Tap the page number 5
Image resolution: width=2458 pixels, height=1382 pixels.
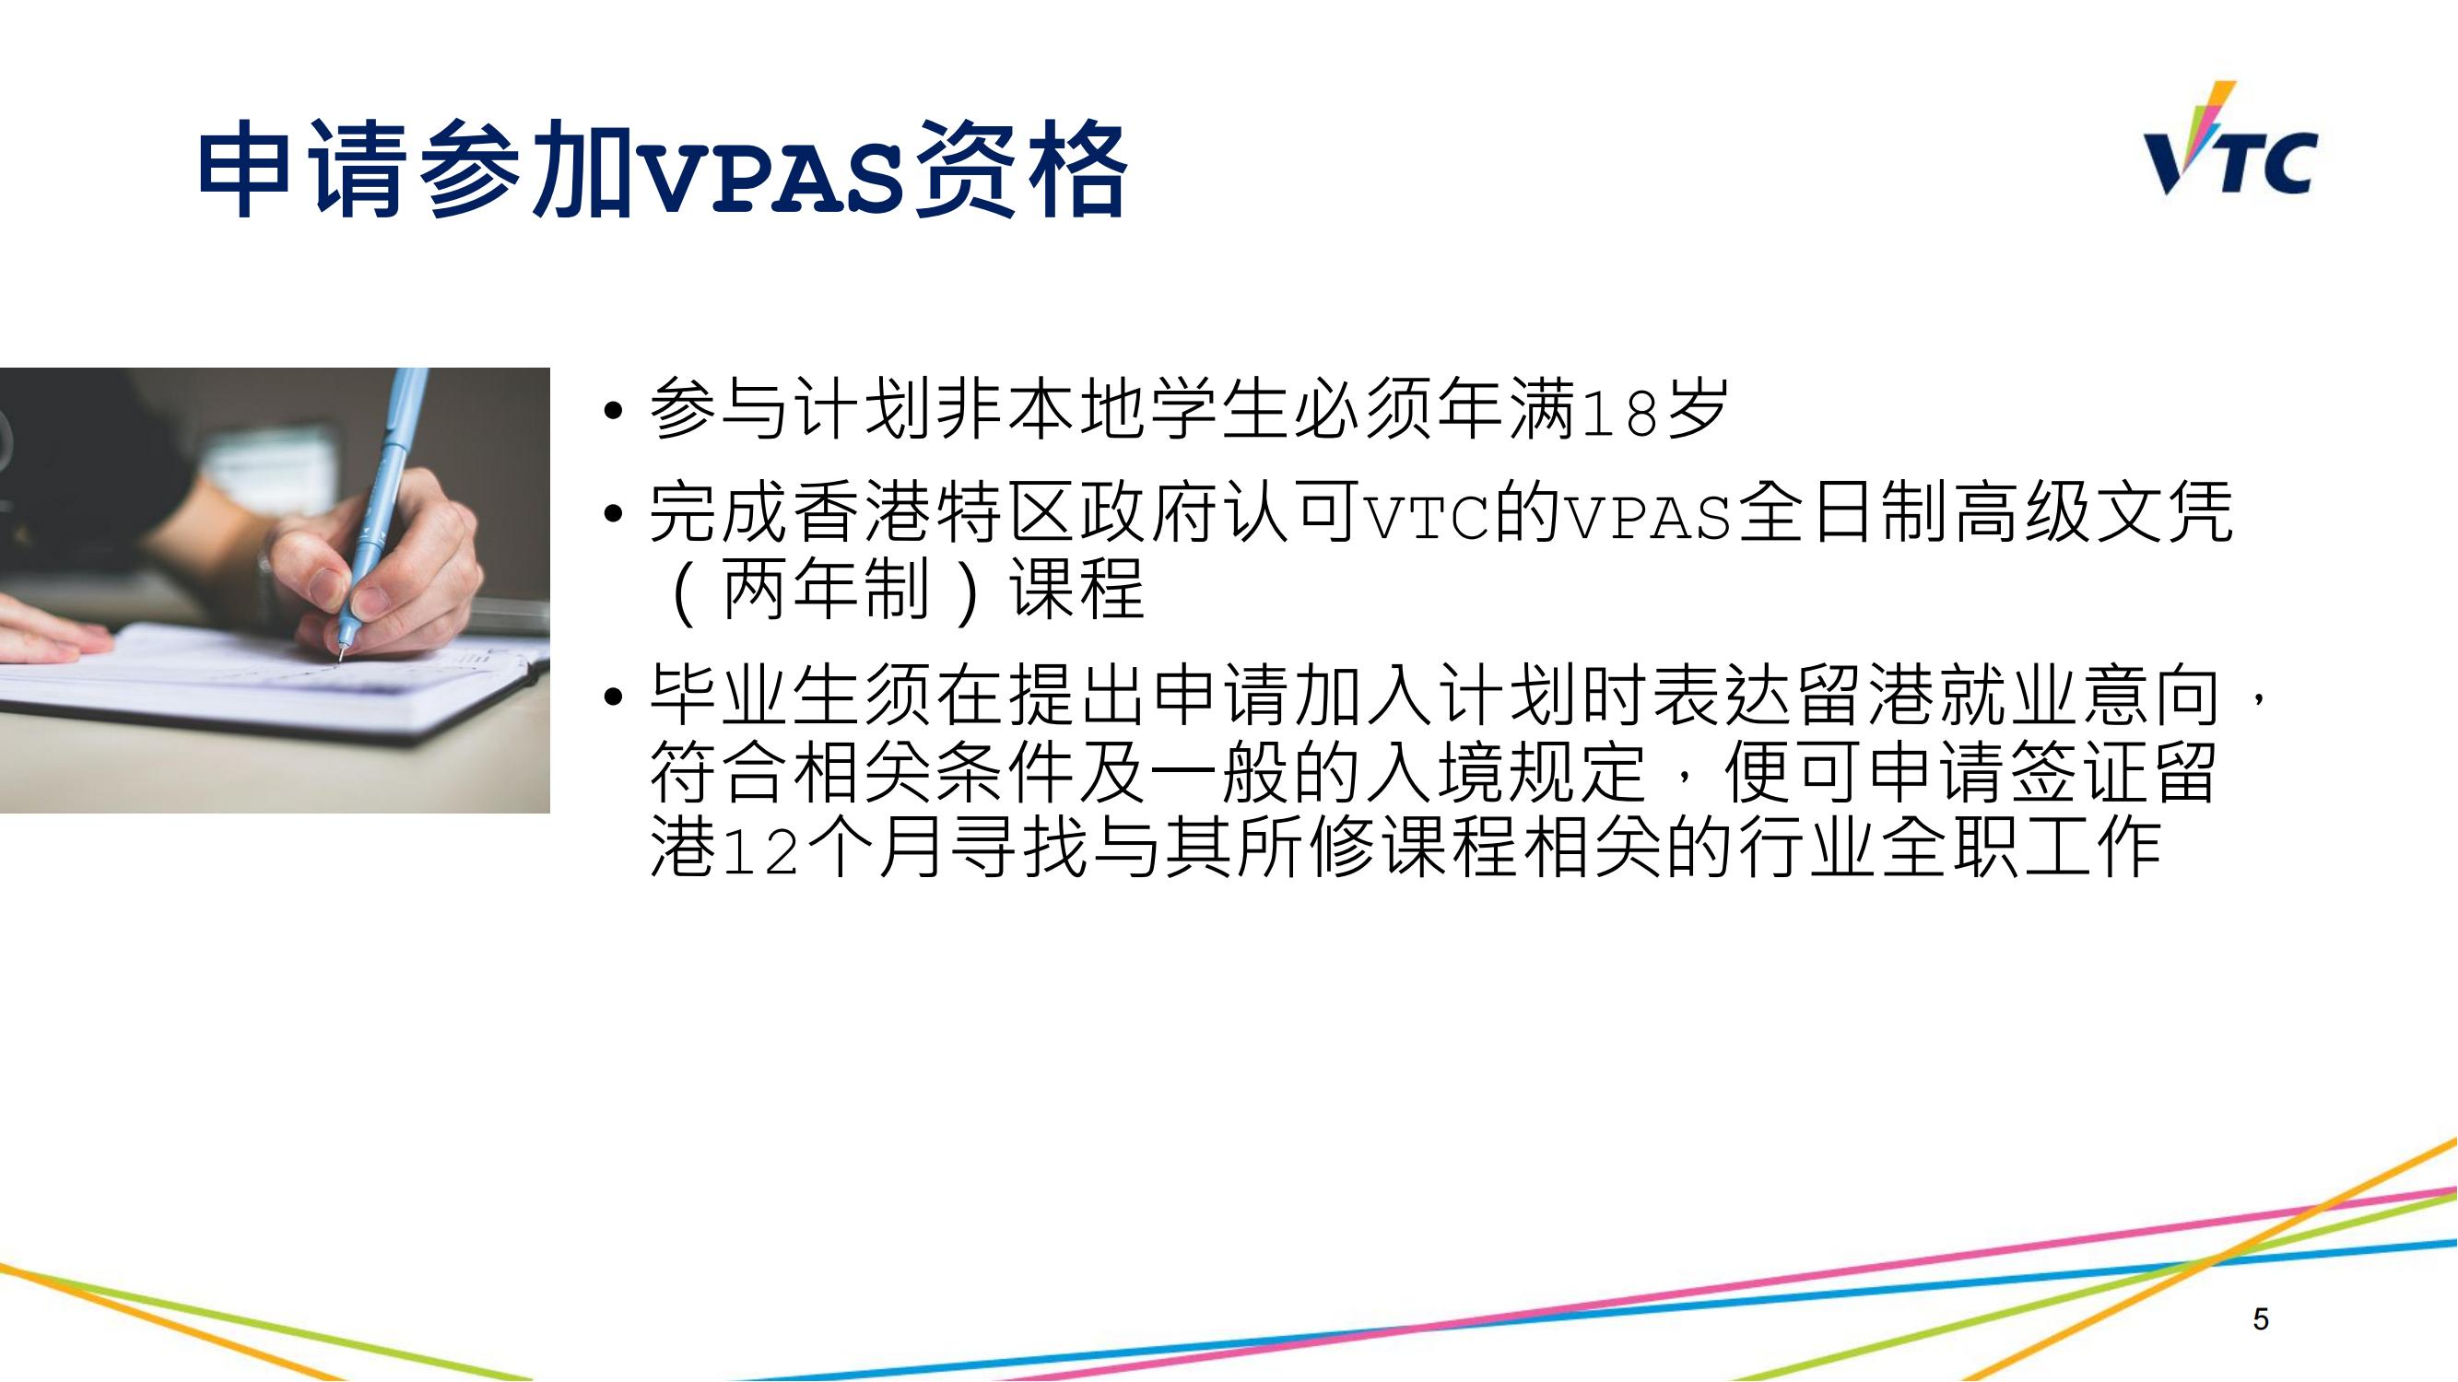tap(2261, 1320)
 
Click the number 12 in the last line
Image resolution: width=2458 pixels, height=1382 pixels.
tap(760, 849)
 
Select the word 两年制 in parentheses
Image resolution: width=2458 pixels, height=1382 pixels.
tap(827, 590)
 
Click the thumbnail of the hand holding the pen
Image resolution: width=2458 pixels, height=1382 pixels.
tap(275, 591)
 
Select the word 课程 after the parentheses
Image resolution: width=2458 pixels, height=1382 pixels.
tap(1078, 590)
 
